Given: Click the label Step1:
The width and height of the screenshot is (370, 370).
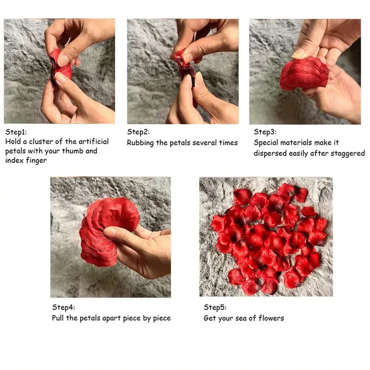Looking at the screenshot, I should click(16, 132).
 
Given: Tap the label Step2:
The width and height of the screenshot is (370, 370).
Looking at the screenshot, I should click(138, 132).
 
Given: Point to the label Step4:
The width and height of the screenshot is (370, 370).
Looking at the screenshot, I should click(63, 307).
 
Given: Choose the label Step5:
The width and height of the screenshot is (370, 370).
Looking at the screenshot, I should click(215, 307).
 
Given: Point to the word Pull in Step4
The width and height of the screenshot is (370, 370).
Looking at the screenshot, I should click(58, 318).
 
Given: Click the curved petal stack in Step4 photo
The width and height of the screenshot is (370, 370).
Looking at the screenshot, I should click(102, 231).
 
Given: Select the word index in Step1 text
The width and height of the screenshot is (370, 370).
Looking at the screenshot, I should click(14, 160).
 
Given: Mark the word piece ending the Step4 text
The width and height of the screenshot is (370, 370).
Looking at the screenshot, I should click(161, 318).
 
